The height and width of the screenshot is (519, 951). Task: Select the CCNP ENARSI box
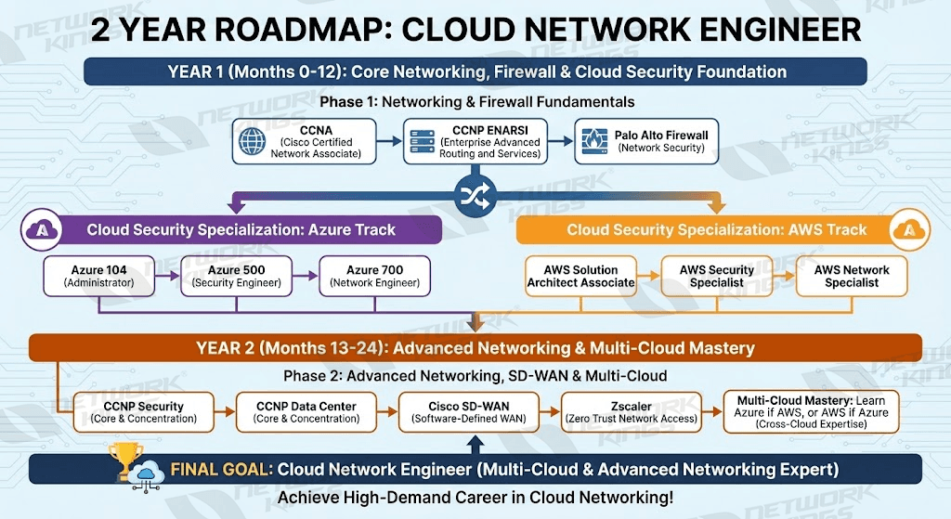click(x=475, y=141)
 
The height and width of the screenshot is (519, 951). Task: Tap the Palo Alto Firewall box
click(x=646, y=141)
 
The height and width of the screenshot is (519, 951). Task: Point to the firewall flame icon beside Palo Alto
click(x=593, y=141)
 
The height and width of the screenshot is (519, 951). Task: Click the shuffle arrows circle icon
click(x=475, y=194)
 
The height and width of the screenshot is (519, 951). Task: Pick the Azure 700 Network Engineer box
click(x=375, y=276)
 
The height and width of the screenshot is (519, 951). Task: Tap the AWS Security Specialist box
click(x=717, y=276)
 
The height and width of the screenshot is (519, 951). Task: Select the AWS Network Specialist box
click(x=851, y=276)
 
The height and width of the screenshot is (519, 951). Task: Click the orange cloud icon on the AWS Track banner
click(x=907, y=228)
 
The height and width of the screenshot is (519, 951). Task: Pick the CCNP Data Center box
click(x=305, y=412)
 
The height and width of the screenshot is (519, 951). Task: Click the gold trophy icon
click(x=123, y=461)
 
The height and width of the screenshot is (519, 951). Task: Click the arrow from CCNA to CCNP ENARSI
click(x=390, y=141)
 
